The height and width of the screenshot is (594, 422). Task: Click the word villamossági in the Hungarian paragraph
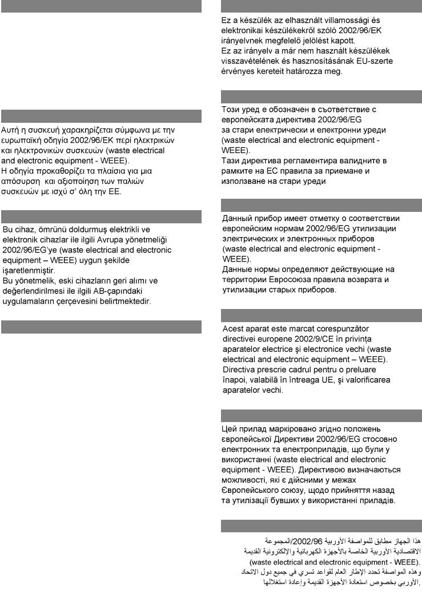click(x=344, y=21)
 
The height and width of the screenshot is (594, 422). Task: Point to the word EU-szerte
click(x=374, y=61)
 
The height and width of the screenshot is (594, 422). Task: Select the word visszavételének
click(x=250, y=61)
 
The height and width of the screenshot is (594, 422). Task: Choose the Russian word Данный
click(x=238, y=218)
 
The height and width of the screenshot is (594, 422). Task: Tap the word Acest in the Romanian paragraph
click(x=233, y=328)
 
